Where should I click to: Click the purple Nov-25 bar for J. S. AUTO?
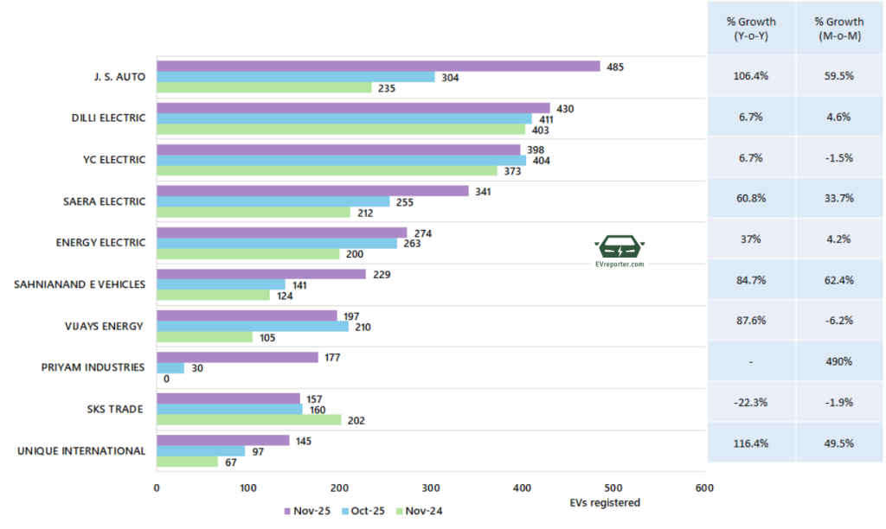pyautogui.click(x=378, y=67)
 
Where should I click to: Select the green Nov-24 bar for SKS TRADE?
pyautogui.click(x=248, y=420)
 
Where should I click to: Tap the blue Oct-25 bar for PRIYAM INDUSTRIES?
pyautogui.click(x=170, y=368)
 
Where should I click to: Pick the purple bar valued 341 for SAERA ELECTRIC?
pyautogui.click(x=312, y=191)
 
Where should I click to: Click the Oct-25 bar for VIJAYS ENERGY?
pyautogui.click(x=253, y=327)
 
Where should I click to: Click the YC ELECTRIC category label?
pyautogui.click(x=110, y=160)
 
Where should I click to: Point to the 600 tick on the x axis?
pyautogui.click(x=704, y=488)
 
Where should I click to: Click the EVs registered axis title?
pyautogui.click(x=605, y=502)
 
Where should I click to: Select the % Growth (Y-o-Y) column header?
pyautogui.click(x=751, y=28)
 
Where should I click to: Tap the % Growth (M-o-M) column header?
pyautogui.click(x=839, y=28)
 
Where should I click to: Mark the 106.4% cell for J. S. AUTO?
pyautogui.click(x=751, y=76)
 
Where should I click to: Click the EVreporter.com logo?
pyautogui.click(x=620, y=252)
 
